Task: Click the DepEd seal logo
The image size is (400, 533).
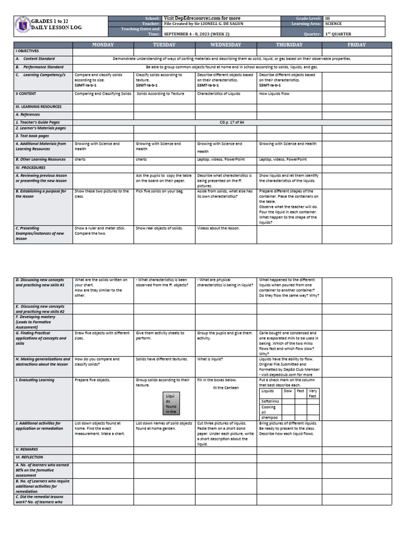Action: tap(22, 27)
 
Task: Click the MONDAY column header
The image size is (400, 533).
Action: tap(103, 45)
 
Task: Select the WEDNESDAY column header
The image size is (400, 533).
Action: tap(226, 45)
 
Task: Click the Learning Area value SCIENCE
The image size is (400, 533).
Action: tap(333, 23)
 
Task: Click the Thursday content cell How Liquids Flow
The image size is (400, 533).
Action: tap(274, 94)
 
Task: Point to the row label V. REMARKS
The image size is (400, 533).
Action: tap(27, 449)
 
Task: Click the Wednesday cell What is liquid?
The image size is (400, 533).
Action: tap(210, 359)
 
